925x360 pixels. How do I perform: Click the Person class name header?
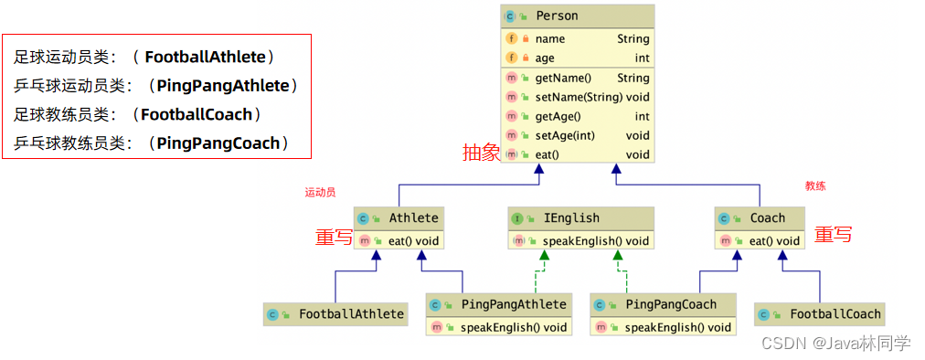pos(557,16)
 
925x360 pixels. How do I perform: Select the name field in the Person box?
pos(550,39)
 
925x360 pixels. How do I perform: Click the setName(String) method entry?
pos(579,97)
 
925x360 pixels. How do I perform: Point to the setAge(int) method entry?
pos(564,135)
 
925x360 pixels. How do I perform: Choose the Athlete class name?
pos(413,217)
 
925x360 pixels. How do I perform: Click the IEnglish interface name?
pos(571,217)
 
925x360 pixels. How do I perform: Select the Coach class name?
pos(767,217)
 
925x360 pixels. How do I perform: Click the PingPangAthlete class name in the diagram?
pos(513,304)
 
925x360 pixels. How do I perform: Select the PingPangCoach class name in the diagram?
pos(670,304)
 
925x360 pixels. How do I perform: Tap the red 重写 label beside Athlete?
pos(334,237)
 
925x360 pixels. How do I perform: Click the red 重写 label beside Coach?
pos(833,235)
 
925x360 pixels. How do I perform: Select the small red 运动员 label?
pos(320,193)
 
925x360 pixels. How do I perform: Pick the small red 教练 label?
pos(815,185)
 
